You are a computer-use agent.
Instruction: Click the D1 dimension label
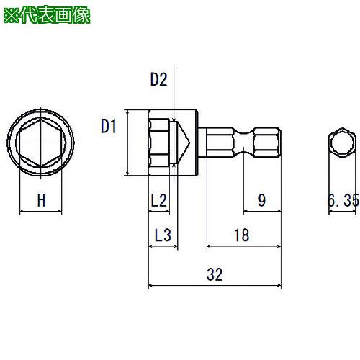(109, 126)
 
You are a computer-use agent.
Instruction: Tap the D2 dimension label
(158, 79)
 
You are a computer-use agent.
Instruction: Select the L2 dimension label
(158, 200)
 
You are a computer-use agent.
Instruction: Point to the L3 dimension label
(163, 235)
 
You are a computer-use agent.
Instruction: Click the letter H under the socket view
(41, 200)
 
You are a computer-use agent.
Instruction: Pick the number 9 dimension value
(262, 200)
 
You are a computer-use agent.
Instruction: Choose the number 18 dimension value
(242, 235)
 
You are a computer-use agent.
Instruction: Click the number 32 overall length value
(215, 274)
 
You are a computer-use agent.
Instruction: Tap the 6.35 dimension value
(343, 200)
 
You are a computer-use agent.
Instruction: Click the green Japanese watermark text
(47, 16)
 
